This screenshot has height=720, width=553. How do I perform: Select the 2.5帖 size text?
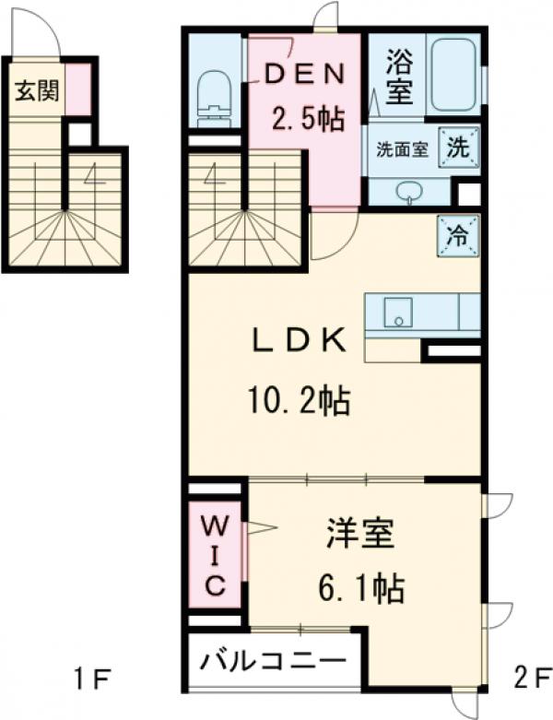pyautogui.click(x=307, y=118)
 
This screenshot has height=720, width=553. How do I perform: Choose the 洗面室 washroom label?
pyautogui.click(x=401, y=150)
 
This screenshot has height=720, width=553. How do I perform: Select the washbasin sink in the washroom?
pyautogui.click(x=407, y=191)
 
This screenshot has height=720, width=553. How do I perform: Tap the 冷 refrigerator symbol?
pyautogui.click(x=459, y=232)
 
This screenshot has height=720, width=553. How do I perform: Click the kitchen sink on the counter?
pyautogui.click(x=398, y=313)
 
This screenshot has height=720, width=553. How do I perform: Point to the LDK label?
pyautogui.click(x=300, y=342)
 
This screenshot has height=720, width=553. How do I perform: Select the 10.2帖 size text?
pyautogui.click(x=297, y=401)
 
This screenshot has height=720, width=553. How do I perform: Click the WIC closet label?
pyautogui.click(x=215, y=557)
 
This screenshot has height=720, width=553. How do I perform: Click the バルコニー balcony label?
pyautogui.click(x=273, y=662)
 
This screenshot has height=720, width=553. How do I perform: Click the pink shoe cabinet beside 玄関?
pyautogui.click(x=79, y=89)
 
